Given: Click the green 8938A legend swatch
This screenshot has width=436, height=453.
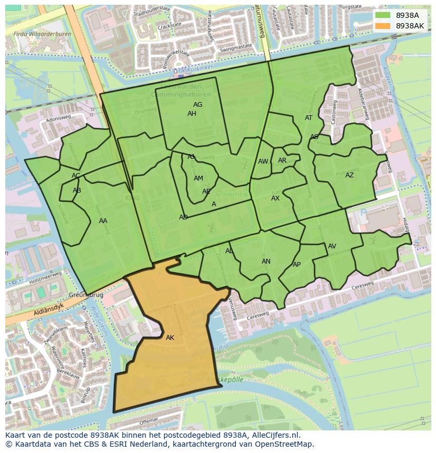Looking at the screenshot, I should click(x=382, y=16).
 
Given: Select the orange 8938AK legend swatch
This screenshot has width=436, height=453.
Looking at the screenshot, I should click(x=382, y=26).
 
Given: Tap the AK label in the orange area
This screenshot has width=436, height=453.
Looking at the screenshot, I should click(x=170, y=338).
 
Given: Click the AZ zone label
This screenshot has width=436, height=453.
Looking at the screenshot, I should click(x=350, y=175).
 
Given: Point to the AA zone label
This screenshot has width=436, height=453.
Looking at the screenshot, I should click(x=103, y=221).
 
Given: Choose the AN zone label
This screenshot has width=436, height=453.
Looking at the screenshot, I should click(x=266, y=261).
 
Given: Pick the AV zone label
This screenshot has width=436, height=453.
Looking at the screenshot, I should click(x=332, y=246).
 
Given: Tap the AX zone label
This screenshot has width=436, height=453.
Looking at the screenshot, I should click(x=275, y=198).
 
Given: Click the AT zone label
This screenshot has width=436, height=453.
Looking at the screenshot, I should click(x=309, y=118).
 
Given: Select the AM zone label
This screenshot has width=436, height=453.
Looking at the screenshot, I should click(x=198, y=178).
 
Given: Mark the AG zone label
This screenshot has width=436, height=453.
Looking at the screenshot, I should click(x=197, y=105).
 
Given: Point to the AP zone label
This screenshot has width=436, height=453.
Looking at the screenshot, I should click(x=296, y=265).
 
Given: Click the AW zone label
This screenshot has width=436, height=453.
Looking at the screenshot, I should click(x=263, y=162).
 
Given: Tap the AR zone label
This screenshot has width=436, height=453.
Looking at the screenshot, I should click(x=282, y=160).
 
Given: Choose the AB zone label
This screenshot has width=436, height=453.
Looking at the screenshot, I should click(x=77, y=190).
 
